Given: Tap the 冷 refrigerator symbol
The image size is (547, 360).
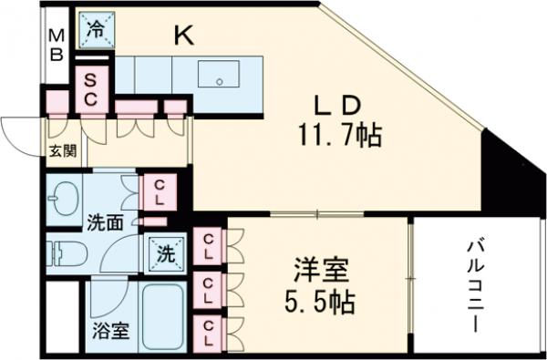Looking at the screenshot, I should point(96,28).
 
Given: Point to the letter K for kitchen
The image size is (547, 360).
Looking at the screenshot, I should point(184,36).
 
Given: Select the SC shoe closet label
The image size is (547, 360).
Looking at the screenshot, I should point(92,89).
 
